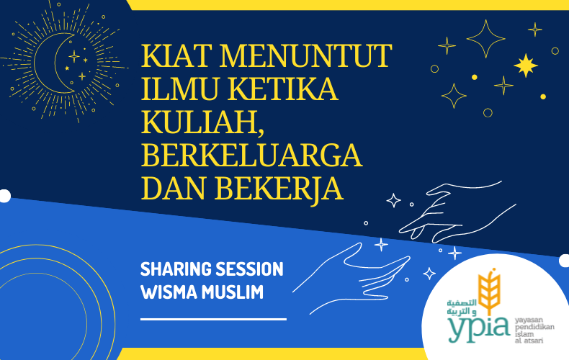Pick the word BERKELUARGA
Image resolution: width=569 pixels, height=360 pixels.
coord(251,155)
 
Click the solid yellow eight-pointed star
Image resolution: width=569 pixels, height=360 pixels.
coord(526,66)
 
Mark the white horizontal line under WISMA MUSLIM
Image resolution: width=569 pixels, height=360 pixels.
coord(213,318)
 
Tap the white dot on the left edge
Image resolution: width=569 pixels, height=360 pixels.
coord(4,196)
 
